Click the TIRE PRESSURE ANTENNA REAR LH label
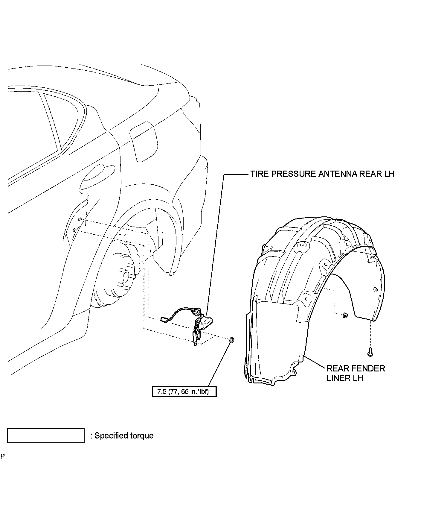tap(322, 174)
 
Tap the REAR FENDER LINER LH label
tap(356, 373)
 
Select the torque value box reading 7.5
tap(184, 391)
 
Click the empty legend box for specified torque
tap(46, 435)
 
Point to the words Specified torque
tap(124, 435)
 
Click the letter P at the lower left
tap(3, 465)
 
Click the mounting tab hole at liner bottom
tap(294, 372)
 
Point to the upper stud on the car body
tap(80, 219)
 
